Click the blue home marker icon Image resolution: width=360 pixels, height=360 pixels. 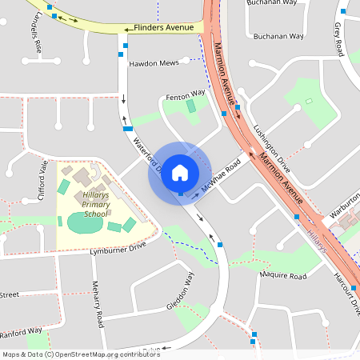(x=180, y=173)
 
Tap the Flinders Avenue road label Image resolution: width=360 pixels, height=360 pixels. (x=164, y=28)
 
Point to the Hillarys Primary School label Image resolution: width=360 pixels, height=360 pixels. (x=95, y=204)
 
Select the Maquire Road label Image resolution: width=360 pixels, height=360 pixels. (x=283, y=276)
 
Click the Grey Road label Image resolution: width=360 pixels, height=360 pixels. (x=337, y=36)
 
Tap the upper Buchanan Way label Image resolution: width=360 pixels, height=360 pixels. (x=276, y=3)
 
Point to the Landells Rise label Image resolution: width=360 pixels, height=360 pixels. (x=36, y=34)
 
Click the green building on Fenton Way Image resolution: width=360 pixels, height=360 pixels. (x=191, y=106)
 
